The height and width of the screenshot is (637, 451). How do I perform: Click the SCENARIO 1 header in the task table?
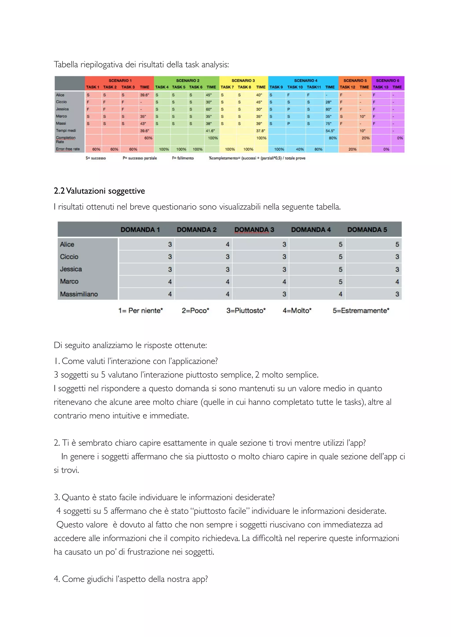click(120, 81)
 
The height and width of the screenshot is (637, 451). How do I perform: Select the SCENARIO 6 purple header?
click(387, 81)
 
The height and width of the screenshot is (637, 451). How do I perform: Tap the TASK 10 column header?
click(295, 87)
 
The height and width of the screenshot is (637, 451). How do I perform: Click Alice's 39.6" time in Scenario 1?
click(144, 95)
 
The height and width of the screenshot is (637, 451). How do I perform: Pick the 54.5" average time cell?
click(330, 131)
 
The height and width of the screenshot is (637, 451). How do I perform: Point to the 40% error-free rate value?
click(300, 149)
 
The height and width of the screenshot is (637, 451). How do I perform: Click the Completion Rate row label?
click(66, 139)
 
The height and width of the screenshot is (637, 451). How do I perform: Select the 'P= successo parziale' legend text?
click(140, 158)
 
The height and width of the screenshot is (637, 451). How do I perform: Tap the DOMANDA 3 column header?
click(254, 230)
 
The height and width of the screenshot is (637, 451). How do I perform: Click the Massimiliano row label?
click(79, 294)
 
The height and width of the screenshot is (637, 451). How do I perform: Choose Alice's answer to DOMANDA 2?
click(227, 244)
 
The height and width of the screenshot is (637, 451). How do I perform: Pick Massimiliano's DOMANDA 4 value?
click(340, 294)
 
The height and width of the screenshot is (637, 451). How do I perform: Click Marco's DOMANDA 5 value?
click(397, 282)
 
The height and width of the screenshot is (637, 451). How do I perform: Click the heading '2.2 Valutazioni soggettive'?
click(99, 191)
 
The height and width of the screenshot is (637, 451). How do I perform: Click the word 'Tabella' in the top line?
click(66, 64)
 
